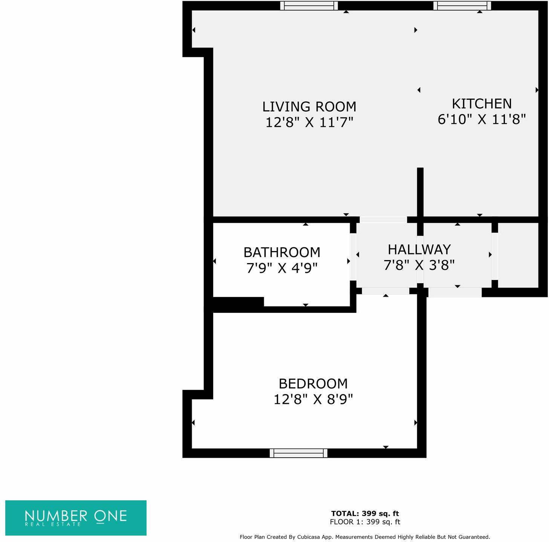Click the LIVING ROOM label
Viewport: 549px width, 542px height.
point(309,107)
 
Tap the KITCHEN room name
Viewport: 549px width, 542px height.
point(481,104)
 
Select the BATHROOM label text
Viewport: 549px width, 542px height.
point(281,252)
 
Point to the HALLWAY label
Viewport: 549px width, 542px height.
point(419,250)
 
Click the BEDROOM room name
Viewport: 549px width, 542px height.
point(313,384)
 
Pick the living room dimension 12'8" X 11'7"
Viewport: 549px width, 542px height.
point(309,122)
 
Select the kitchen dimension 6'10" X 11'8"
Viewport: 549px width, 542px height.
point(481,119)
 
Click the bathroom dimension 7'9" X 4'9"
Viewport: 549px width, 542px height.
point(281,268)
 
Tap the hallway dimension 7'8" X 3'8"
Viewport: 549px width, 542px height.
point(419,265)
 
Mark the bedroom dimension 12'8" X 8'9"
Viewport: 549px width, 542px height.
point(313,399)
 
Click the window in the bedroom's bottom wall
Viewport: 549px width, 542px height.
point(298,453)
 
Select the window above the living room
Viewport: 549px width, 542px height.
point(309,6)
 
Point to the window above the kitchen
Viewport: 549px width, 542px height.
point(462,6)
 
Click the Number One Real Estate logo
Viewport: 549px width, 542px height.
point(76,518)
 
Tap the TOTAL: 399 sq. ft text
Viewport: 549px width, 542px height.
point(365,513)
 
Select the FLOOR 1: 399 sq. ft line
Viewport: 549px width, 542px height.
point(365,522)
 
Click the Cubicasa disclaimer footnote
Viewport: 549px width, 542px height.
point(365,537)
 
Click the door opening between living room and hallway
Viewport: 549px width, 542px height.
point(383,219)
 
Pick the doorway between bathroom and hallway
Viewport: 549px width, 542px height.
point(353,257)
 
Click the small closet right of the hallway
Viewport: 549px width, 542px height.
point(518,255)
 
